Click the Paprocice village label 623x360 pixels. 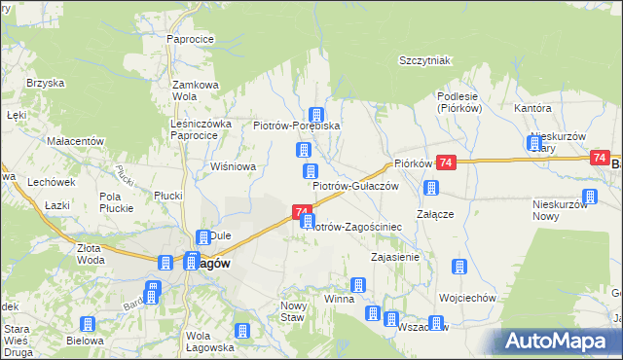[190, 39]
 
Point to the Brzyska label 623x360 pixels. [44, 84]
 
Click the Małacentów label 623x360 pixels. [75, 141]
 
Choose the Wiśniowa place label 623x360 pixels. [234, 166]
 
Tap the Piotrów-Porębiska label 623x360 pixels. [296, 126]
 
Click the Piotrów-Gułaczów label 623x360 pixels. [355, 185]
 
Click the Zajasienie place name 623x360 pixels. [395, 258]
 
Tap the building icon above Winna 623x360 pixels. [358, 285]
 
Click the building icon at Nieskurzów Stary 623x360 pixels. [533, 143]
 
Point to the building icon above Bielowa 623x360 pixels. [88, 324]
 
